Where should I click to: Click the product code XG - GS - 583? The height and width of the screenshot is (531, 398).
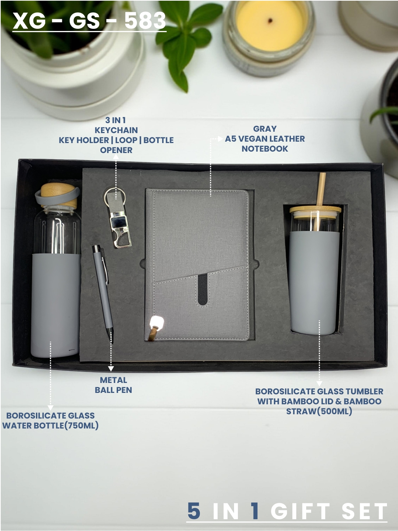pos(89,20)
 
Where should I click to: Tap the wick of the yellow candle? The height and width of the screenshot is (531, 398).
pos(270,20)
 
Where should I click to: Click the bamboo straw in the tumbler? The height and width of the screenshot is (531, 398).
pos(322,189)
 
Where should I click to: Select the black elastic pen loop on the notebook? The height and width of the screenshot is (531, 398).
pos(202,289)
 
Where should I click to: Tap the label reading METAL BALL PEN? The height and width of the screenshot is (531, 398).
pos(113,385)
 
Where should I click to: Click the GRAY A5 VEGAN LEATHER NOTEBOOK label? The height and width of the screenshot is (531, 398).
pos(265,139)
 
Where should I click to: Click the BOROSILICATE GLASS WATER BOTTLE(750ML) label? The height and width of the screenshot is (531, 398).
pos(50,420)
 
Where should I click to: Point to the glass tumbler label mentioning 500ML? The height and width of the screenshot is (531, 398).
pos(319,401)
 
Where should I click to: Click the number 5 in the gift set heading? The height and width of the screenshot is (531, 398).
pos(194,511)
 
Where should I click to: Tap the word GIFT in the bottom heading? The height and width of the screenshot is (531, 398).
pos(301,511)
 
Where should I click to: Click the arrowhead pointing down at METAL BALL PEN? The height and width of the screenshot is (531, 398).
pos(111,369)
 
